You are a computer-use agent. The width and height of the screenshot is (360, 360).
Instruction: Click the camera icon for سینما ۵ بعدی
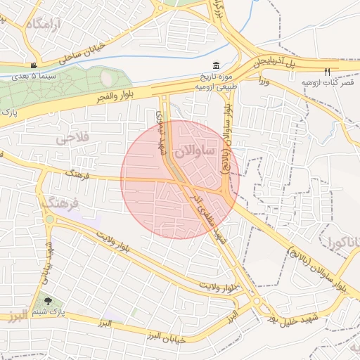point(33,65)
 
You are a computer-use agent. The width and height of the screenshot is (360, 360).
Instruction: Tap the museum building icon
point(215,65)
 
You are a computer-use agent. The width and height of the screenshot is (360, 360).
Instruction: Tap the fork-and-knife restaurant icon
point(326,72)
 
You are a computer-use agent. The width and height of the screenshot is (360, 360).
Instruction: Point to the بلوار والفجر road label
point(127,96)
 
